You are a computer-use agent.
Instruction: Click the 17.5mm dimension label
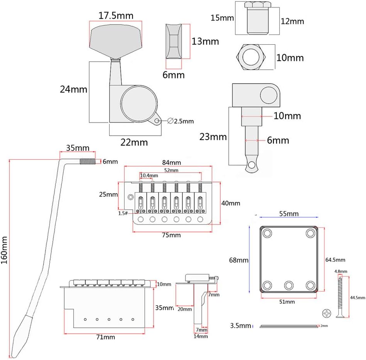coord(116,16)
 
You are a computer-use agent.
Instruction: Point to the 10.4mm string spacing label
coord(149,176)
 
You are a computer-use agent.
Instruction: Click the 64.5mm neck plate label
coord(335,260)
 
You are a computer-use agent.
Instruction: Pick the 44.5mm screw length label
coord(357,297)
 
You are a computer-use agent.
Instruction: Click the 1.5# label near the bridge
coord(123,213)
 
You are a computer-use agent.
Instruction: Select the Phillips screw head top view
coord(326,314)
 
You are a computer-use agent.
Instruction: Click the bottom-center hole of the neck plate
coord(288,286)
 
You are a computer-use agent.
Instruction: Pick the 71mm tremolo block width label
coord(106,337)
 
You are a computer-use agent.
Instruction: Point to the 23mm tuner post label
coord(213,136)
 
